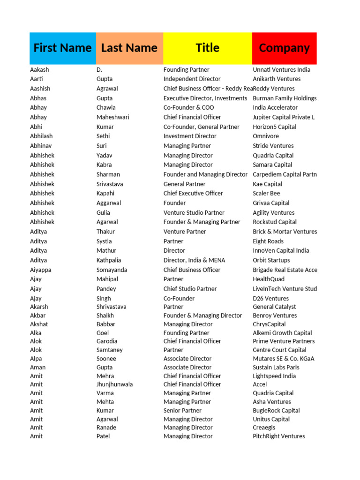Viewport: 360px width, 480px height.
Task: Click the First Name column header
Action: tap(63, 48)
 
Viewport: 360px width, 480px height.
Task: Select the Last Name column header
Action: tap(129, 48)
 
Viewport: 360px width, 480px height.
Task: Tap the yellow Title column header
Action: tap(207, 48)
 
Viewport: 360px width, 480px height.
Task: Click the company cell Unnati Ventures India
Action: tap(281, 69)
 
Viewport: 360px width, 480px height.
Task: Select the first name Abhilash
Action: tap(41, 136)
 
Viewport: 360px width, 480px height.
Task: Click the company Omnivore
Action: tap(266, 136)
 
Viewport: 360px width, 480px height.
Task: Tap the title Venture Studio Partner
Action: tap(194, 212)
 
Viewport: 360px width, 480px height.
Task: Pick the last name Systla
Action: tap(105, 241)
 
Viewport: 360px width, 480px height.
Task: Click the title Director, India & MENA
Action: tap(194, 260)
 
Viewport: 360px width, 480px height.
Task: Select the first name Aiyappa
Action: tap(41, 270)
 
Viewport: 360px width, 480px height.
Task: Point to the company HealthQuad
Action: tap(269, 279)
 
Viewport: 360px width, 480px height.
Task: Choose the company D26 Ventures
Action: tap(270, 298)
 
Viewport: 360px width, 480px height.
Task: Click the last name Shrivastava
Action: tap(112, 307)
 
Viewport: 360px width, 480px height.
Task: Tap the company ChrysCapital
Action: tap(269, 324)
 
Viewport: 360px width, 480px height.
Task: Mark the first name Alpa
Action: tap(36, 359)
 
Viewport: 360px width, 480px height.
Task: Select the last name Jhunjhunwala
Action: tap(114, 384)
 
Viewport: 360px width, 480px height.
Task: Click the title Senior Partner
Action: tap(182, 410)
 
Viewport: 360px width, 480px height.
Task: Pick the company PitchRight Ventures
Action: tap(278, 436)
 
